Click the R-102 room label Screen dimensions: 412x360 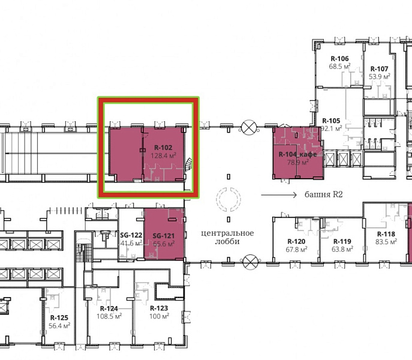pos(163,148)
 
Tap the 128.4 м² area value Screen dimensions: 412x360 pos(163,155)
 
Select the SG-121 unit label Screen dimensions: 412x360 pos(164,236)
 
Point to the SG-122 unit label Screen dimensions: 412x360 pos(131,235)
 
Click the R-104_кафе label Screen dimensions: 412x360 pos(297,154)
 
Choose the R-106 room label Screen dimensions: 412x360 pos(340,59)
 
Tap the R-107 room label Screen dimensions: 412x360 pos(379,69)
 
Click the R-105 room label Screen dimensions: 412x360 pos(331,121)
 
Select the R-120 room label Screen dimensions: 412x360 pos(296,241)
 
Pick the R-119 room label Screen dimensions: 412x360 pos(342,241)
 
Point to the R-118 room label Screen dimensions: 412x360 pos(386,234)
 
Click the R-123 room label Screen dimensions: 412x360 pos(159,308)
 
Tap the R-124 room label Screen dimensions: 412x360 pos(109,308)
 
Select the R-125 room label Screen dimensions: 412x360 pos(59,318)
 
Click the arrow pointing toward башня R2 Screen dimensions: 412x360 pos(279,195)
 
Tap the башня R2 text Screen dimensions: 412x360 pos(324,194)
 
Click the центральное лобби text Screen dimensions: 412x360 pos(227,237)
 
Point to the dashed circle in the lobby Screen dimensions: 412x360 pos(216,199)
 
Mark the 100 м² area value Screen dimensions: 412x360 pos(160,316)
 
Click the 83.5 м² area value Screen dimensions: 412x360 pos(386,242)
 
